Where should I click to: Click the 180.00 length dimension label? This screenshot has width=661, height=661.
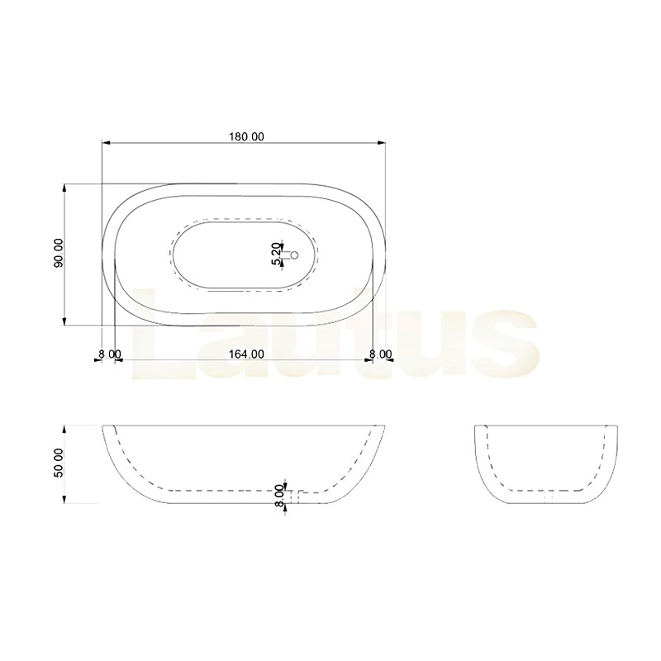[246, 137]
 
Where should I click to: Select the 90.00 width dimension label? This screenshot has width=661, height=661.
[58, 253]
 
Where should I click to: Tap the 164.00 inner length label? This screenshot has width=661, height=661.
[246, 354]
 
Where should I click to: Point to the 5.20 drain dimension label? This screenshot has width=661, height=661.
[276, 254]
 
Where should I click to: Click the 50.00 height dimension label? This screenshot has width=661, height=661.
[58, 463]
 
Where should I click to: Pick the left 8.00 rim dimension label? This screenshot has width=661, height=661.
[109, 354]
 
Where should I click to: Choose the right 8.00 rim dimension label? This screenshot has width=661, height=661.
[380, 354]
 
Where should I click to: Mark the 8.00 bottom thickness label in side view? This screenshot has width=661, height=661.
[278, 496]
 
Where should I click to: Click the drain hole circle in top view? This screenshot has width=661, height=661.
[295, 254]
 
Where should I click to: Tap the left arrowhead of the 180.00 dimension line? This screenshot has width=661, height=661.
[107, 143]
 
